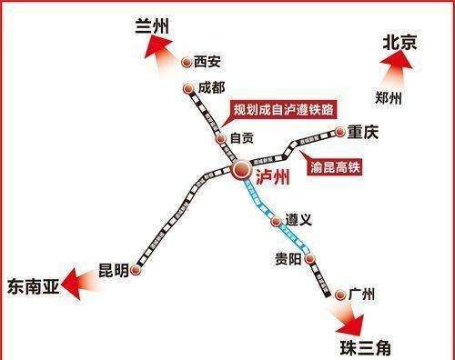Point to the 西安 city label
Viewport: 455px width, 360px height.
[207, 63]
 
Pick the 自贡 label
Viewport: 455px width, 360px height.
[241, 139]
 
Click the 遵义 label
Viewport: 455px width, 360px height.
[299, 221]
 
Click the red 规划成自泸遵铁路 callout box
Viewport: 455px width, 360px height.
[283, 110]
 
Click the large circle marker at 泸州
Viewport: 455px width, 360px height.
[241, 170]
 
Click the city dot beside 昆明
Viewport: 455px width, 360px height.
[136, 270]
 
